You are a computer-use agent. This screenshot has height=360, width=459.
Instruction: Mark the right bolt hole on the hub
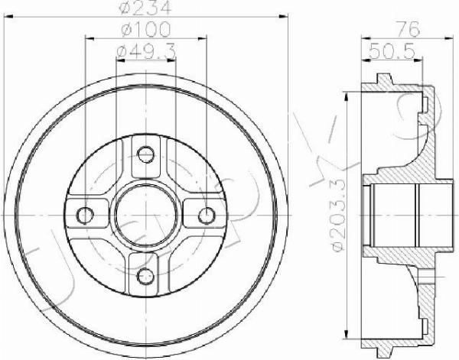[205, 213]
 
